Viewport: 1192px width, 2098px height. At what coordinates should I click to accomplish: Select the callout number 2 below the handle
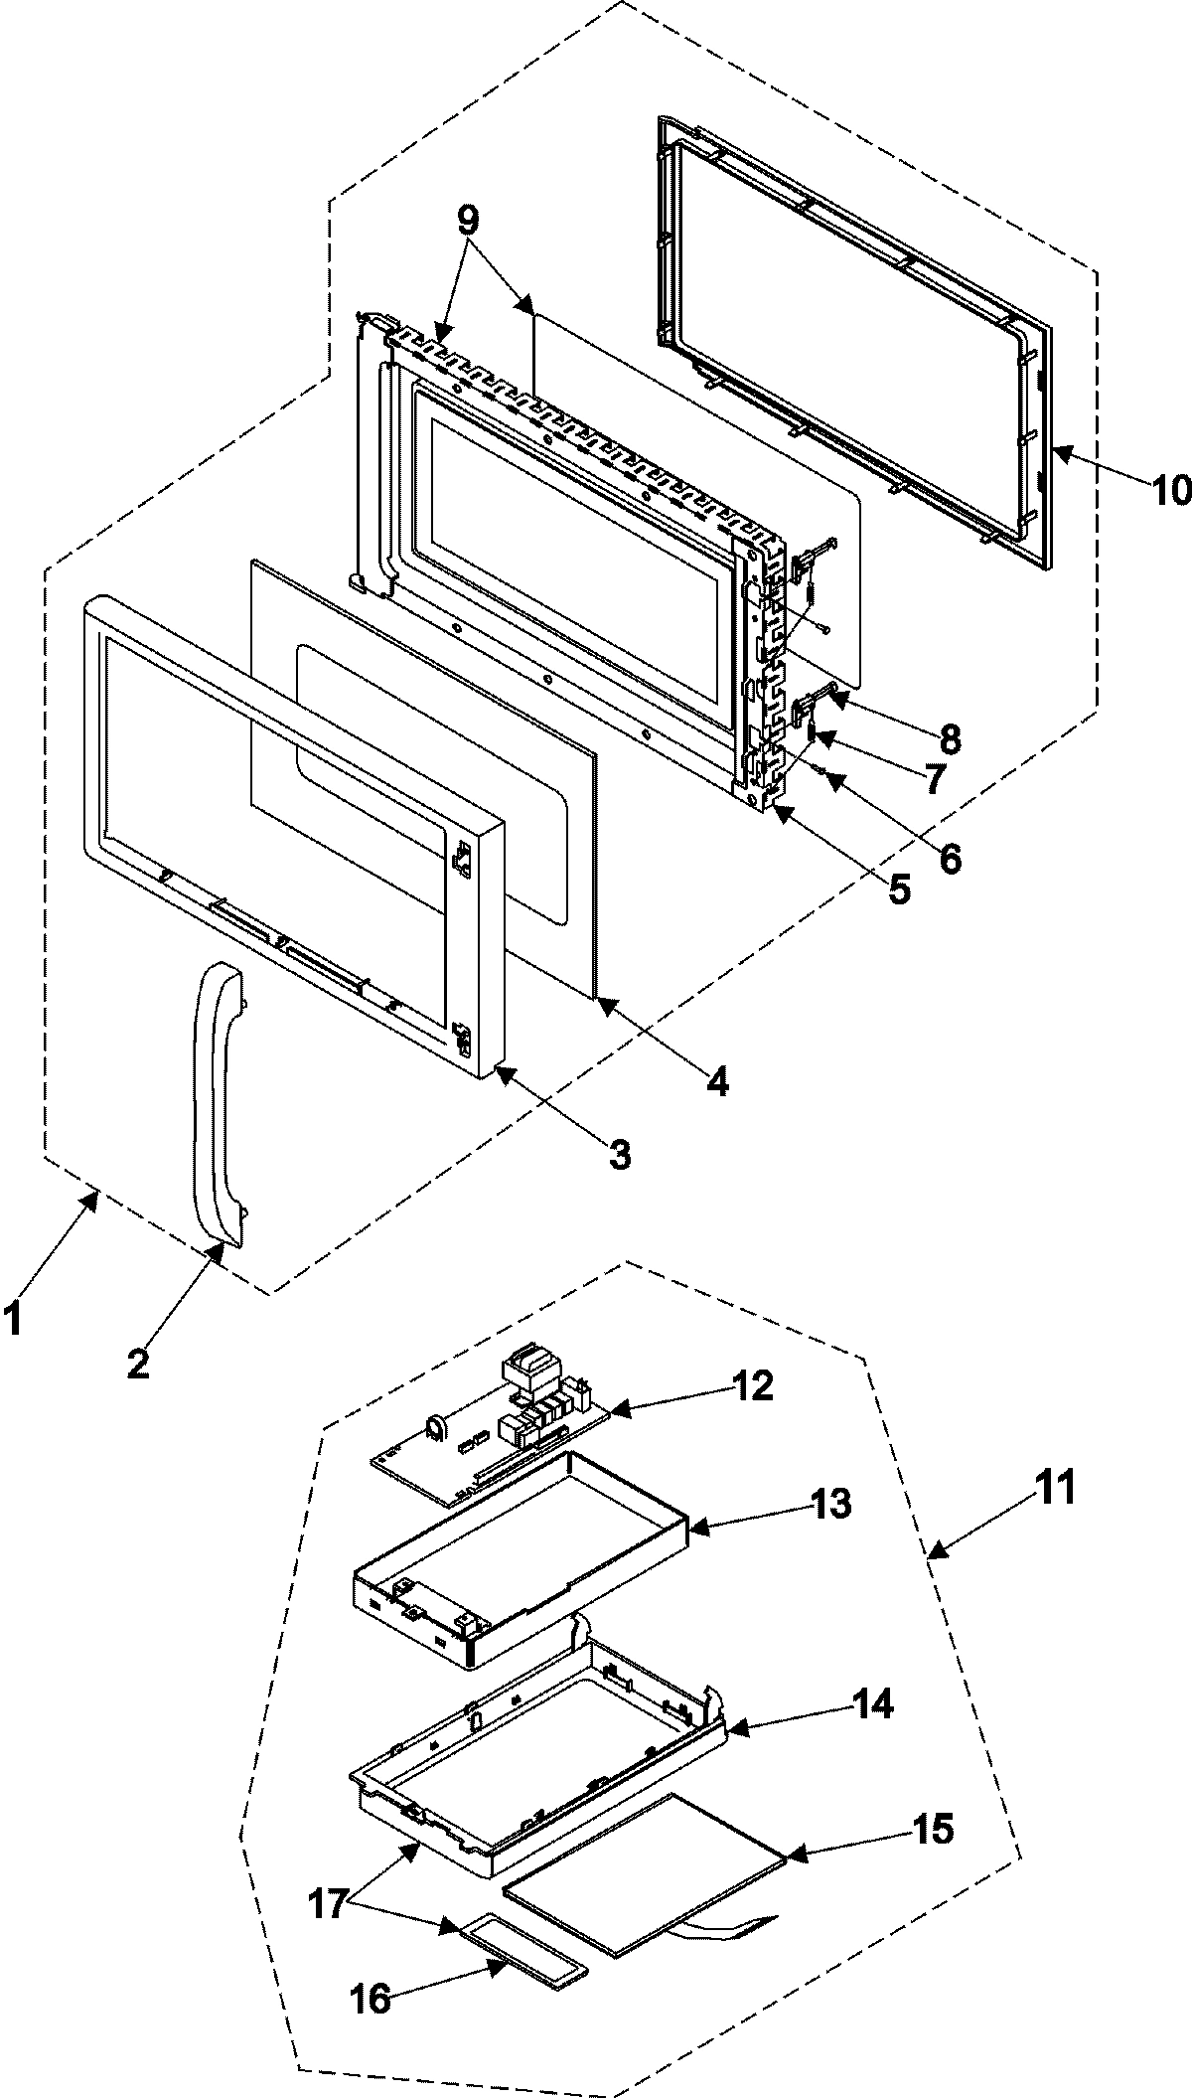(138, 1364)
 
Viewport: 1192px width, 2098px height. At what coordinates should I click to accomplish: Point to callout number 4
(717, 1080)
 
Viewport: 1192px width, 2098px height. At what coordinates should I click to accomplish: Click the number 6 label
(950, 858)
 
